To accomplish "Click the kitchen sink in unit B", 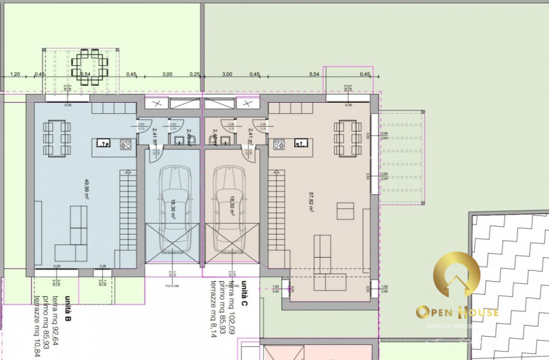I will [104, 144].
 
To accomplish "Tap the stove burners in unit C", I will [279, 144].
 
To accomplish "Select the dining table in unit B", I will [56, 139].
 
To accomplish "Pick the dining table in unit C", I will [347, 139].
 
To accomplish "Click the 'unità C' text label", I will [244, 289].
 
